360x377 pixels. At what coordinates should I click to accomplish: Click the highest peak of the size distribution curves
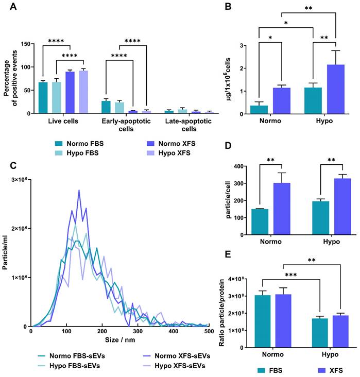[79, 190]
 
